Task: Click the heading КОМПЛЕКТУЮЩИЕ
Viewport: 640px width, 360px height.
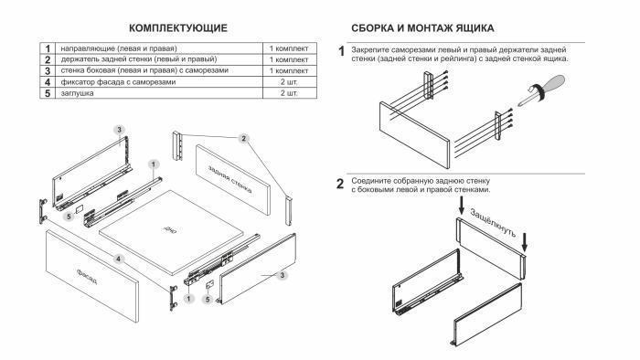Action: (x=178, y=29)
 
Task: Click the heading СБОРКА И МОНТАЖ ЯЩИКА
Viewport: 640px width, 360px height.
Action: (x=423, y=29)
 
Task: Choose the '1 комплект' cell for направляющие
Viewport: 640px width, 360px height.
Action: (x=288, y=47)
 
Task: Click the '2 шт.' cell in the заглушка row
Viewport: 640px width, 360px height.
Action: (x=288, y=94)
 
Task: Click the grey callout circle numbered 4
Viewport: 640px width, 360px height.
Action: (x=119, y=259)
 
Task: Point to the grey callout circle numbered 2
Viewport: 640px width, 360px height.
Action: (x=243, y=138)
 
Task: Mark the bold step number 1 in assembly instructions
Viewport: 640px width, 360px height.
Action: (x=341, y=51)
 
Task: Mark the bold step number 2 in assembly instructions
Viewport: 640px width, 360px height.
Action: (x=341, y=185)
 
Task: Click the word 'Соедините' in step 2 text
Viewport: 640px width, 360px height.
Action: (x=371, y=182)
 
